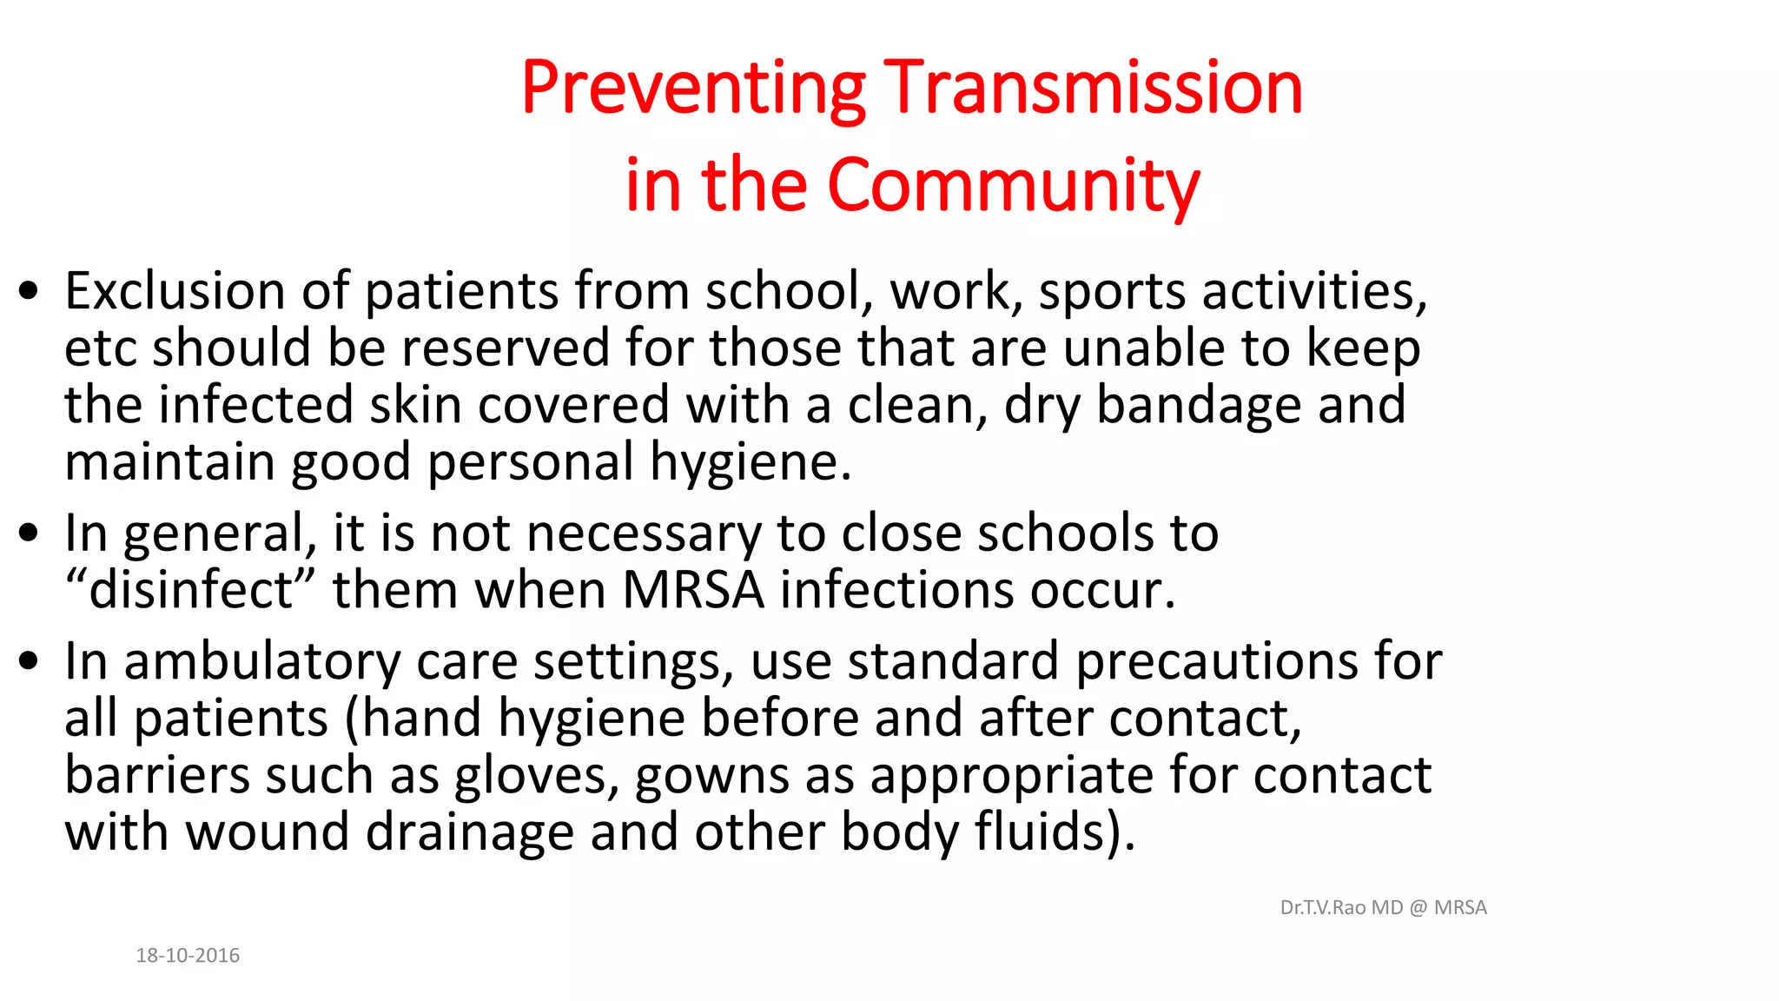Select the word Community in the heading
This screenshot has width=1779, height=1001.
1013,185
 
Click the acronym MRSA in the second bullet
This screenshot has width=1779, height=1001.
693,590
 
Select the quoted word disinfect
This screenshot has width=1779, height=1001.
191,590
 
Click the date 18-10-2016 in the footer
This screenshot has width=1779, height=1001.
188,956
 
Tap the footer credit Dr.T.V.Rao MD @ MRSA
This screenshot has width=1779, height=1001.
1383,908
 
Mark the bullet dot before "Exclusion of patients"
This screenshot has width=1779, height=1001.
29,292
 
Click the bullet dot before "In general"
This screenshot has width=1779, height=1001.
29,534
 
